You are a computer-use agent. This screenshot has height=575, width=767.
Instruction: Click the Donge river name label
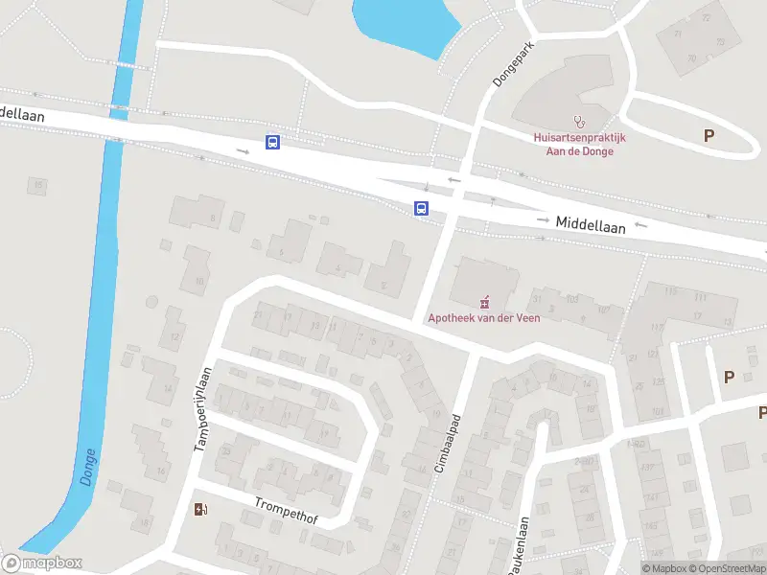(88, 467)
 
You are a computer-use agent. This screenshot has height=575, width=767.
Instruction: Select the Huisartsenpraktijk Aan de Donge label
(579, 144)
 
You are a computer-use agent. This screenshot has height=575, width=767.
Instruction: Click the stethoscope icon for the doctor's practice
(578, 122)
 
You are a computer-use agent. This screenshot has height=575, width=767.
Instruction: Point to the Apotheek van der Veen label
(483, 318)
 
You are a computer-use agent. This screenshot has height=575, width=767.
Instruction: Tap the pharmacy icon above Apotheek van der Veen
(483, 299)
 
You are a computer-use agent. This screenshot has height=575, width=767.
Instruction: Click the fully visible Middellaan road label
(591, 222)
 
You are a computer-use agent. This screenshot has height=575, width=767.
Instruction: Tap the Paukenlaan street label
(519, 547)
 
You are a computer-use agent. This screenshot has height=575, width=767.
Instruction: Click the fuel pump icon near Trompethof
(200, 509)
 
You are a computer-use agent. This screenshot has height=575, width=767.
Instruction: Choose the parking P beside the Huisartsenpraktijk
(709, 136)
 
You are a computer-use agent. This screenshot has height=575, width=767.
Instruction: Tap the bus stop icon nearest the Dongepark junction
(420, 208)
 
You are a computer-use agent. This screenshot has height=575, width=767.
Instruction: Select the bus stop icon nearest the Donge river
(273, 143)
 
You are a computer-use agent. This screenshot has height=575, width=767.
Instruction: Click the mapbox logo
(41, 563)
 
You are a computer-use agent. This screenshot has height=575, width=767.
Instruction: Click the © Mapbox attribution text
(665, 568)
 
